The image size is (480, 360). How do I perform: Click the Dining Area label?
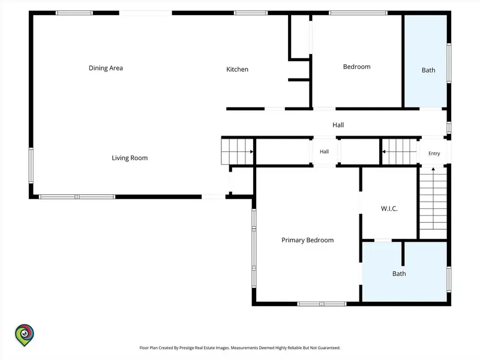[x=106, y=68]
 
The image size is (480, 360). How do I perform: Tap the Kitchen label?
[x=237, y=69]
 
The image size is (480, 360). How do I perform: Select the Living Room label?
[x=130, y=158]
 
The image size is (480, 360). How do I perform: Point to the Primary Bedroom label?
[x=307, y=240]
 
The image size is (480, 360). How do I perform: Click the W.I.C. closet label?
[x=389, y=208]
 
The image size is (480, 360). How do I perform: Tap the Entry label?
[x=434, y=154]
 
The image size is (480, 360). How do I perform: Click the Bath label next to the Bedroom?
[x=428, y=70]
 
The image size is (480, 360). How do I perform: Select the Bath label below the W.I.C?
[x=399, y=274]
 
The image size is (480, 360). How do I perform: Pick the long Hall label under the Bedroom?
[x=338, y=125]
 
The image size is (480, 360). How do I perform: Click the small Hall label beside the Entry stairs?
[x=324, y=152]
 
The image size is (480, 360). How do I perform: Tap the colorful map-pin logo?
[x=25, y=335]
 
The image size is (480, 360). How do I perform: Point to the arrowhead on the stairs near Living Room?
[x=251, y=152]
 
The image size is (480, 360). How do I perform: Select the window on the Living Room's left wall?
[x=31, y=166]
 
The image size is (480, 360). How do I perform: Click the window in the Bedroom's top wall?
[x=358, y=13]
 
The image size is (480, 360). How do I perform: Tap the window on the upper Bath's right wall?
[x=449, y=63]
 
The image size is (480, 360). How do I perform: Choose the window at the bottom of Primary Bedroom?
[x=322, y=304]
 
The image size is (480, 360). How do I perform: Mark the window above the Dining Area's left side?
[x=74, y=13]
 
